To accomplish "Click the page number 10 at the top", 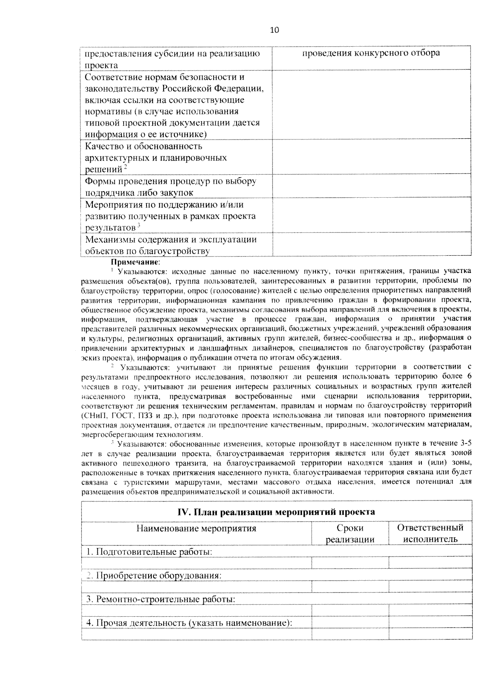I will coord(275,30).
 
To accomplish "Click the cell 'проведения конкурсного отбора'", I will coord(371,53).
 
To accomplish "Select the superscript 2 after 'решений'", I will coord(126,167).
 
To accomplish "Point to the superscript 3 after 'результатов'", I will coord(139,225).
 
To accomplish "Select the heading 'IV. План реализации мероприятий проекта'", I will coord(276,512).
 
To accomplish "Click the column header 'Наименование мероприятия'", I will coord(196,528).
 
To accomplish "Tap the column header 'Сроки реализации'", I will coord(350,534).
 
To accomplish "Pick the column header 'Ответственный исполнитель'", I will coord(430,534).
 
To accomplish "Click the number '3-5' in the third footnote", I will coord(466,443).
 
